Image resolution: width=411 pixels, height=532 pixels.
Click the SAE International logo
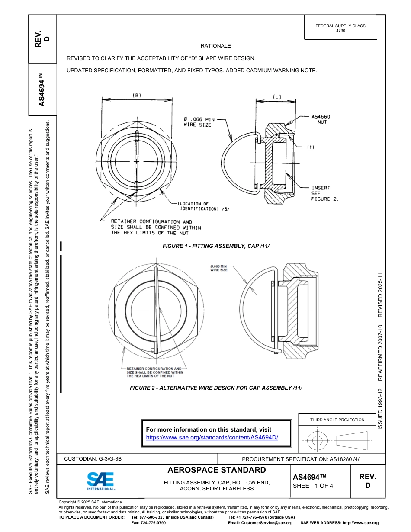pyautogui.click(x=101, y=481)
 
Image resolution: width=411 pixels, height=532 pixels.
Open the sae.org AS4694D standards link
pyautogui.click(x=212, y=437)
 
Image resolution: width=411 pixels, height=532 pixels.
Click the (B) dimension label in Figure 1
pyautogui.click(x=137, y=96)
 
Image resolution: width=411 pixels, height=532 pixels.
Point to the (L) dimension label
pyautogui.click(x=277, y=97)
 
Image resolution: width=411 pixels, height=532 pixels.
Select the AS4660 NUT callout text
pyautogui.click(x=321, y=119)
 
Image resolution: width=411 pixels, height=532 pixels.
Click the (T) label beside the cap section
pyautogui.click(x=310, y=147)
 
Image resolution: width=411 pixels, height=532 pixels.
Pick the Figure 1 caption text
pyautogui.click(x=216, y=246)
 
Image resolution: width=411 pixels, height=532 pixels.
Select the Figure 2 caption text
pyautogui.click(x=216, y=388)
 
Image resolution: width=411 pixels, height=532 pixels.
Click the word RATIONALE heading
pyautogui.click(x=215, y=46)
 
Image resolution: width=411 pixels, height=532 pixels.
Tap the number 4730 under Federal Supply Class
pyautogui.click(x=340, y=31)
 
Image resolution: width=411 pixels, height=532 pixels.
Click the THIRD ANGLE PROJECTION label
pyautogui.click(x=337, y=420)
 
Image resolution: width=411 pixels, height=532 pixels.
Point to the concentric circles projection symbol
pyautogui.click(x=318, y=440)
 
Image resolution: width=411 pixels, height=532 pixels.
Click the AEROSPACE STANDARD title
pyautogui.click(x=216, y=470)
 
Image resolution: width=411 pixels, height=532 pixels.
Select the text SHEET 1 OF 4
pyautogui.click(x=313, y=485)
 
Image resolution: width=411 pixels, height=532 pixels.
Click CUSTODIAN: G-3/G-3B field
pyautogui.click(x=96, y=458)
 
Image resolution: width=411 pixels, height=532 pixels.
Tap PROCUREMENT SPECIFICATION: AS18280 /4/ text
pyautogui.click(x=300, y=459)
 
